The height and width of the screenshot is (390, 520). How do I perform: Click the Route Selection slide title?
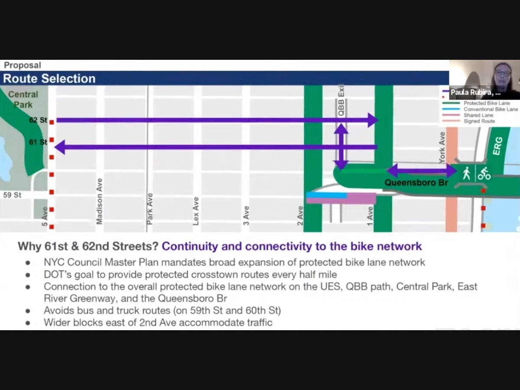pyautogui.click(x=49, y=78)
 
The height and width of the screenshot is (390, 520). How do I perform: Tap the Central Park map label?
pyautogui.click(x=23, y=99)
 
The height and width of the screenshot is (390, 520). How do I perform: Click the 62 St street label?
pyautogui.click(x=38, y=120)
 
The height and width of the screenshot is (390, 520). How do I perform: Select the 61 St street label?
pyautogui.click(x=38, y=142)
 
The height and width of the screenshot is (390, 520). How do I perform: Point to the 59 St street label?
pyautogui.click(x=12, y=195)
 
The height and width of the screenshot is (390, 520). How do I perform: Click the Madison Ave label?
pyautogui.click(x=100, y=201)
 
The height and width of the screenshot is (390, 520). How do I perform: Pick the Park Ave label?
pyautogui.click(x=150, y=208)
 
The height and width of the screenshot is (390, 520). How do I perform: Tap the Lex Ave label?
pyautogui.click(x=196, y=211)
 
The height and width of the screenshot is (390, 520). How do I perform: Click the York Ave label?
pyautogui.click(x=442, y=147)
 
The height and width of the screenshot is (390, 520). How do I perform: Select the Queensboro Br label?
pyautogui.click(x=416, y=183)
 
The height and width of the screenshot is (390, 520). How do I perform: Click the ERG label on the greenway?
pyautogui.click(x=497, y=146)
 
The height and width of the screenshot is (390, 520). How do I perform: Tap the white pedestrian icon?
pyautogui.click(x=466, y=173)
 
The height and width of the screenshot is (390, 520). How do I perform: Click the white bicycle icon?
pyautogui.click(x=484, y=173)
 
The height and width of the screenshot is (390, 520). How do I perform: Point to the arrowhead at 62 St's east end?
pyautogui.click(x=373, y=120)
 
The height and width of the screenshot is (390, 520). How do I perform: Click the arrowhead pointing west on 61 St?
pyautogui.click(x=60, y=147)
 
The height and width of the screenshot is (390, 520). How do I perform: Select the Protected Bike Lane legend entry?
pyautogui.click(x=487, y=104)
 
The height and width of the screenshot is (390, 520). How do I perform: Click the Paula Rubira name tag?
pyautogui.click(x=475, y=93)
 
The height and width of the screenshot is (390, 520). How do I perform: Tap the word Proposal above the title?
pyautogui.click(x=23, y=65)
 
